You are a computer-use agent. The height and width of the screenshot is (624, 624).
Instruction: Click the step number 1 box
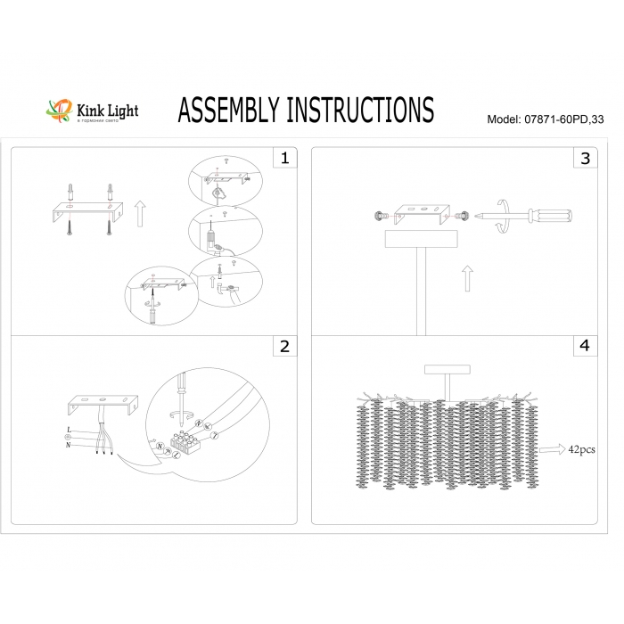coord(284,159)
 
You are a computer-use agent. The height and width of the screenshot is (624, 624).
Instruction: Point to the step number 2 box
coord(284,347)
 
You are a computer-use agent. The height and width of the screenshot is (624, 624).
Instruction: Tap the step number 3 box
coord(585,159)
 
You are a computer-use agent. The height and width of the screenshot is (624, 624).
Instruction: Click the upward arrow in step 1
coord(139,215)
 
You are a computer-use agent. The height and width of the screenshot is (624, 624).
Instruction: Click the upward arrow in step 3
coord(467,279)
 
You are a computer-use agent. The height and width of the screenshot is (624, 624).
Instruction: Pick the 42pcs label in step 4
coord(582,450)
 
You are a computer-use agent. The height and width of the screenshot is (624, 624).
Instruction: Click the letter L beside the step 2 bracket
coord(69,430)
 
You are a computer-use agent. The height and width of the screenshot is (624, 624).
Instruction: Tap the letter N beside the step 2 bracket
coord(69,445)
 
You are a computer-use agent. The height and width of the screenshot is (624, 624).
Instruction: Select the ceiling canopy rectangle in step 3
coord(418,239)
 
